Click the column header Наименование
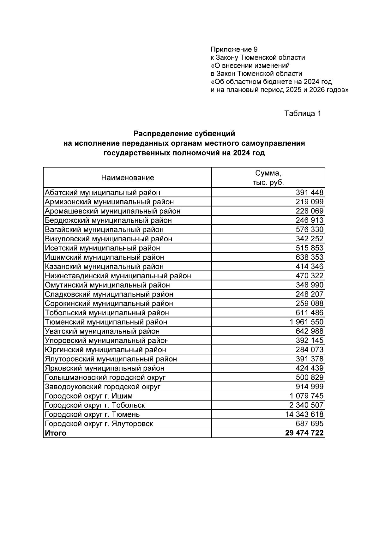(x=128, y=178)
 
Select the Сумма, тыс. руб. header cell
(x=268, y=178)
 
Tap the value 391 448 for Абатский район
(x=310, y=192)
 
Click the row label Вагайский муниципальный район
(x=104, y=230)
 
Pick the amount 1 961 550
(x=306, y=322)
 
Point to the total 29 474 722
(x=304, y=433)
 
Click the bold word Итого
(x=56, y=433)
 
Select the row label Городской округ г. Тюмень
(x=92, y=414)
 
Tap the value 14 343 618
(x=304, y=414)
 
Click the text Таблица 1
(x=303, y=113)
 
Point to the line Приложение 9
(x=234, y=49)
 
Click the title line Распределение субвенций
(x=184, y=134)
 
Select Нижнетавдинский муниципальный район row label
(x=118, y=276)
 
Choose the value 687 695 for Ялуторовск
(x=310, y=424)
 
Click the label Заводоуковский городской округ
(x=103, y=387)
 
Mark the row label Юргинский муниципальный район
(x=105, y=350)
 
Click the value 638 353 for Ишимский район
(x=310, y=257)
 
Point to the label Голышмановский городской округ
(x=105, y=377)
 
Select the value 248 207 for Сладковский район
(x=310, y=294)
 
